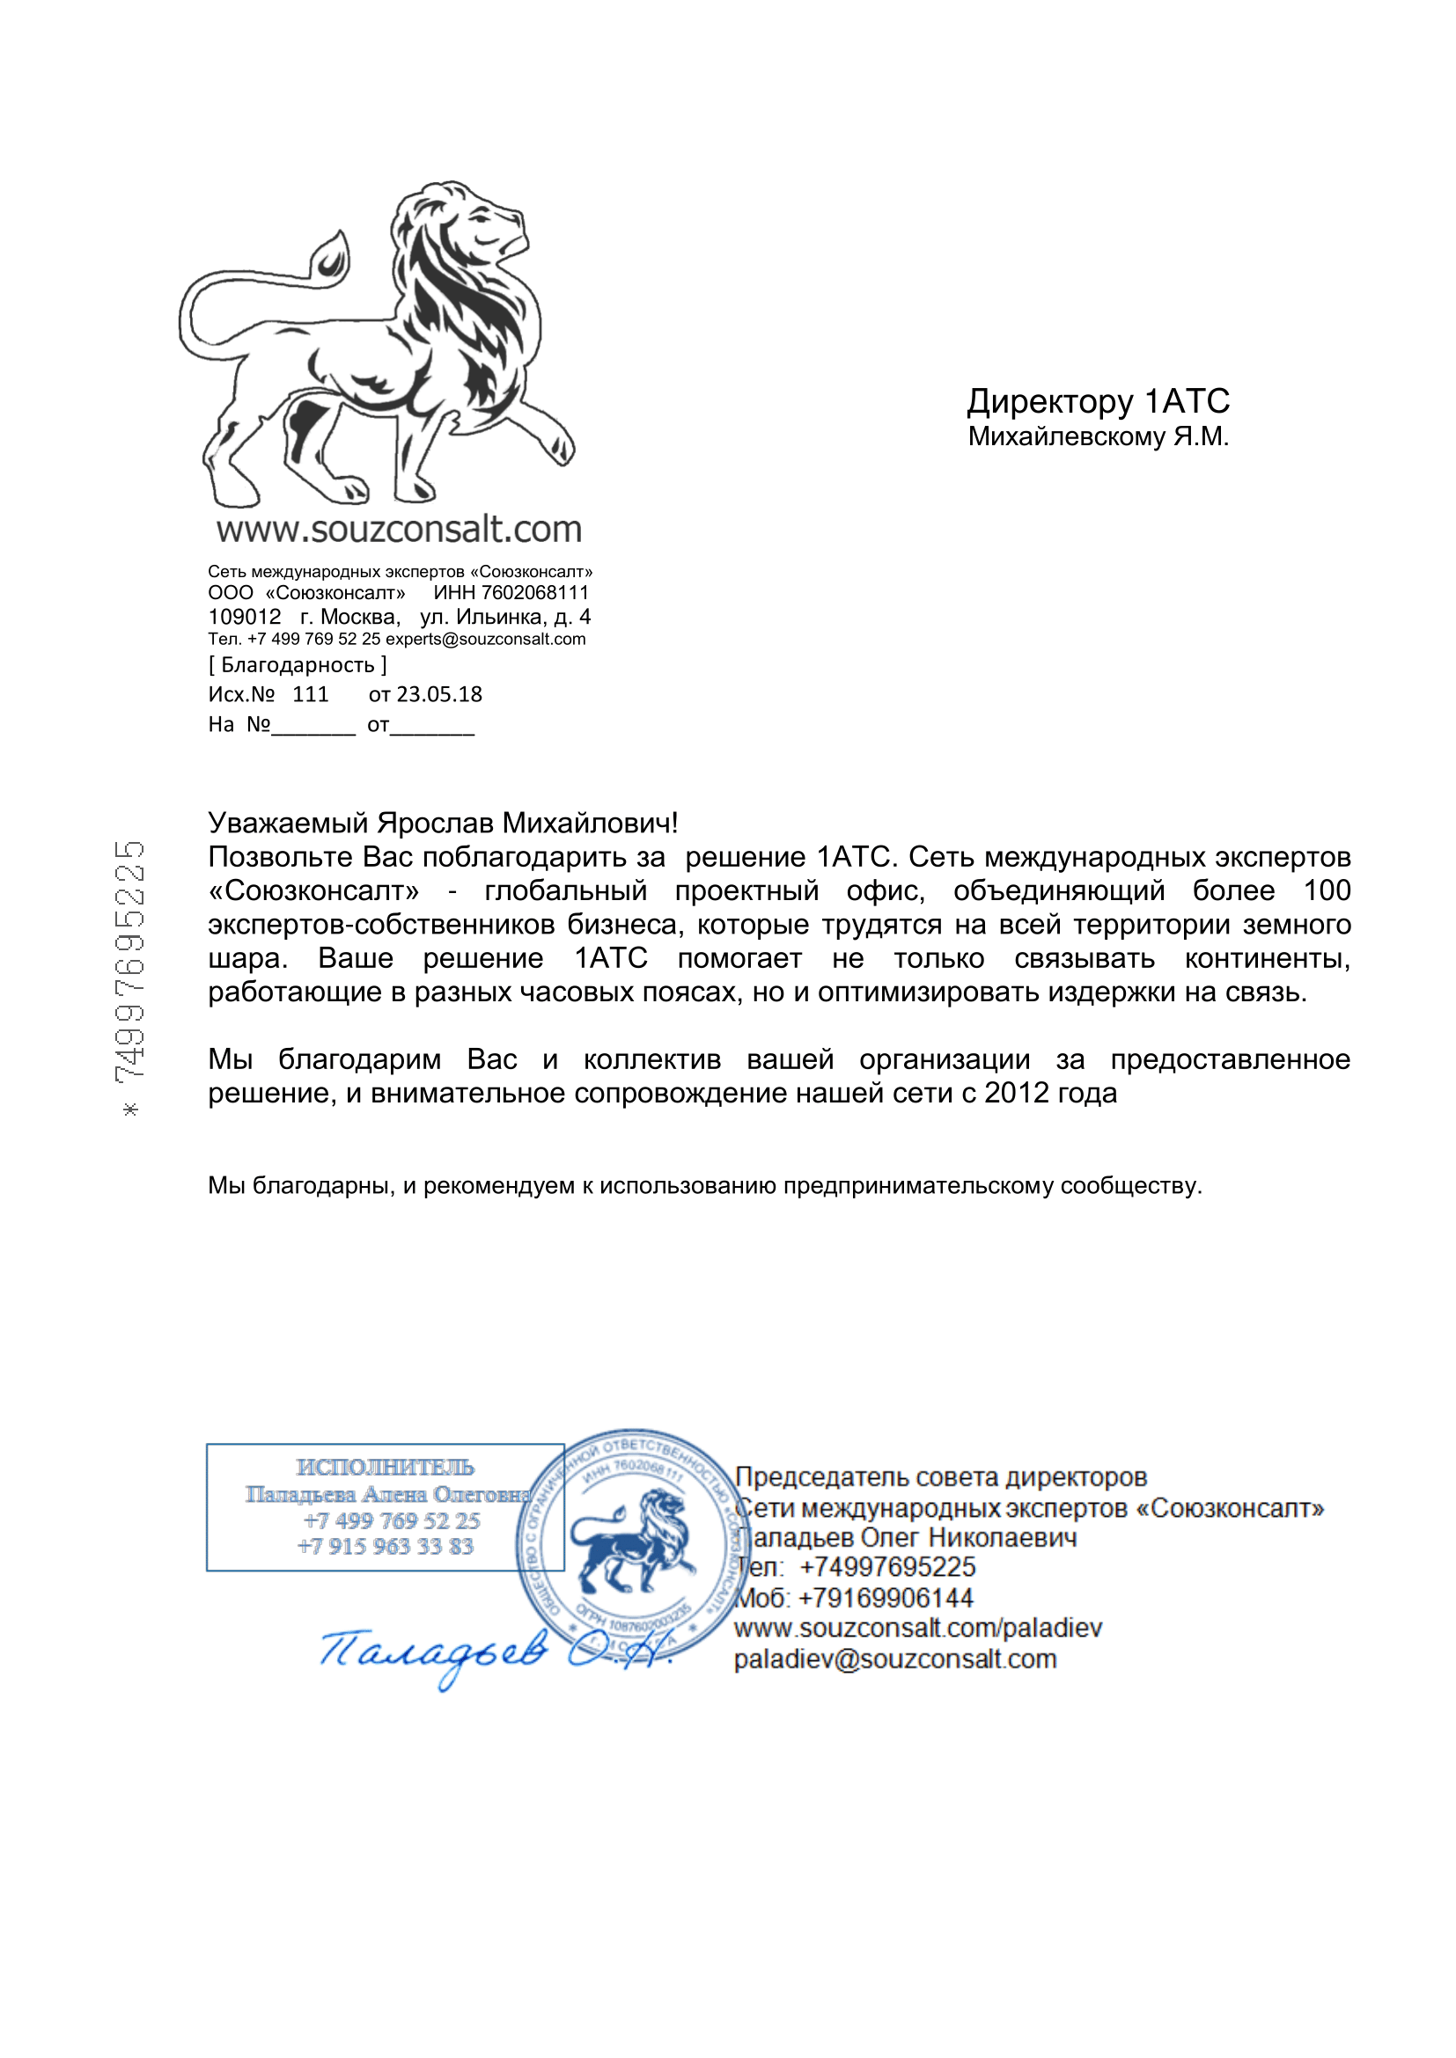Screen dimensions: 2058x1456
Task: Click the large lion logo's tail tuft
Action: tap(333, 256)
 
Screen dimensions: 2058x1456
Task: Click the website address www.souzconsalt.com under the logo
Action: tap(399, 530)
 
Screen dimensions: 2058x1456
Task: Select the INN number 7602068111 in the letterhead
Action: tap(535, 592)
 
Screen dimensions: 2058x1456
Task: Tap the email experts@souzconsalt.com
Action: tap(485, 639)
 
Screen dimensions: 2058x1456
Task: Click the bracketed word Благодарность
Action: tap(298, 665)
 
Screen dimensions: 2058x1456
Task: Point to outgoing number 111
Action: tap(310, 695)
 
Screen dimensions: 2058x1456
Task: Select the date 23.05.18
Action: tap(439, 695)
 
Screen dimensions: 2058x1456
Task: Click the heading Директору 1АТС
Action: tap(1098, 401)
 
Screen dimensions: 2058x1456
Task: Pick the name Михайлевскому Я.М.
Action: tap(1098, 437)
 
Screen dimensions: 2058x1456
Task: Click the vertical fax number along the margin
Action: tap(131, 969)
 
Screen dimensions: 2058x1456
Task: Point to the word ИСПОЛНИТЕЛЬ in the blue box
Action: tap(385, 1468)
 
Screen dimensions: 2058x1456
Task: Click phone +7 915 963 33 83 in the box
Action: tap(385, 1546)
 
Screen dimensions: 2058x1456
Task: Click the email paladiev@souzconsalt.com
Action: tap(894, 1659)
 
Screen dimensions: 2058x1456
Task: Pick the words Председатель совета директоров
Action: tap(940, 1477)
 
